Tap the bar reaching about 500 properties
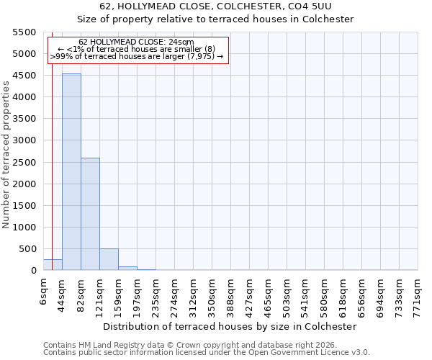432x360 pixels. coord(109,259)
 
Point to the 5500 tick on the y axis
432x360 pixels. coord(24,32)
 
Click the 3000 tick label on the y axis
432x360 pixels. coord(24,140)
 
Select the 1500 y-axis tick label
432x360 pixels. coord(24,206)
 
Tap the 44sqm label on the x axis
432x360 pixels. coord(62,294)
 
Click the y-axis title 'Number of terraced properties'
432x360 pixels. coord(6,154)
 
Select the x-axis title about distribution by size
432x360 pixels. coord(230,326)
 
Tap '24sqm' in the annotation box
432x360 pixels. coord(177,42)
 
